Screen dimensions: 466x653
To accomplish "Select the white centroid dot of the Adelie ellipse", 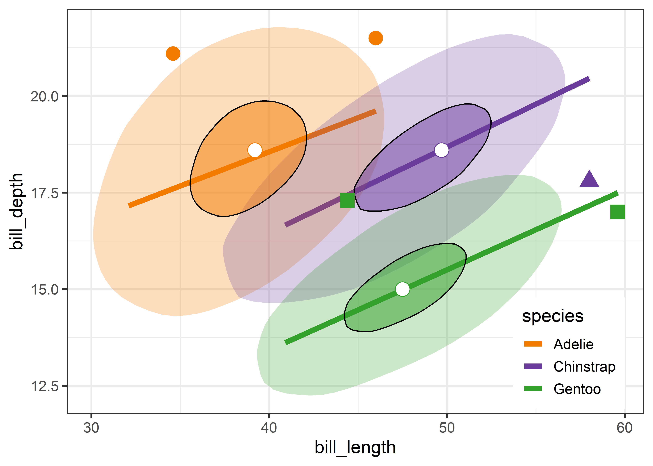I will point(255,150).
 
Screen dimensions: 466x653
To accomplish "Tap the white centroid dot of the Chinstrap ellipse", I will point(441,150).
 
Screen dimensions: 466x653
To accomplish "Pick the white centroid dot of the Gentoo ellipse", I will point(402,289).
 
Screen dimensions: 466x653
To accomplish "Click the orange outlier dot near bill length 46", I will point(376,38).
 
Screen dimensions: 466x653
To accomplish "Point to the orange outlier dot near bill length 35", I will point(173,54).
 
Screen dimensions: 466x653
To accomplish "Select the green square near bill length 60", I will point(617,212).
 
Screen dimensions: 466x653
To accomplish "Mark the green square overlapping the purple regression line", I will point(347,200).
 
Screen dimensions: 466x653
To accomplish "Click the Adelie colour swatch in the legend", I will point(533,344).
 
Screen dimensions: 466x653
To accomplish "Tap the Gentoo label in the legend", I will point(577,389).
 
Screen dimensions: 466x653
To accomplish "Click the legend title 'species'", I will point(553,316).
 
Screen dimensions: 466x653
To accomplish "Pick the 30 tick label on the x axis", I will point(91,428).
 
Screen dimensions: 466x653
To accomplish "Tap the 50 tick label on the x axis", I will point(447,428).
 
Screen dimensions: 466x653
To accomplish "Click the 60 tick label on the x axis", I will point(625,428).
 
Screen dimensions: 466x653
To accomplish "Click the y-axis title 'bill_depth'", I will point(16,211).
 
